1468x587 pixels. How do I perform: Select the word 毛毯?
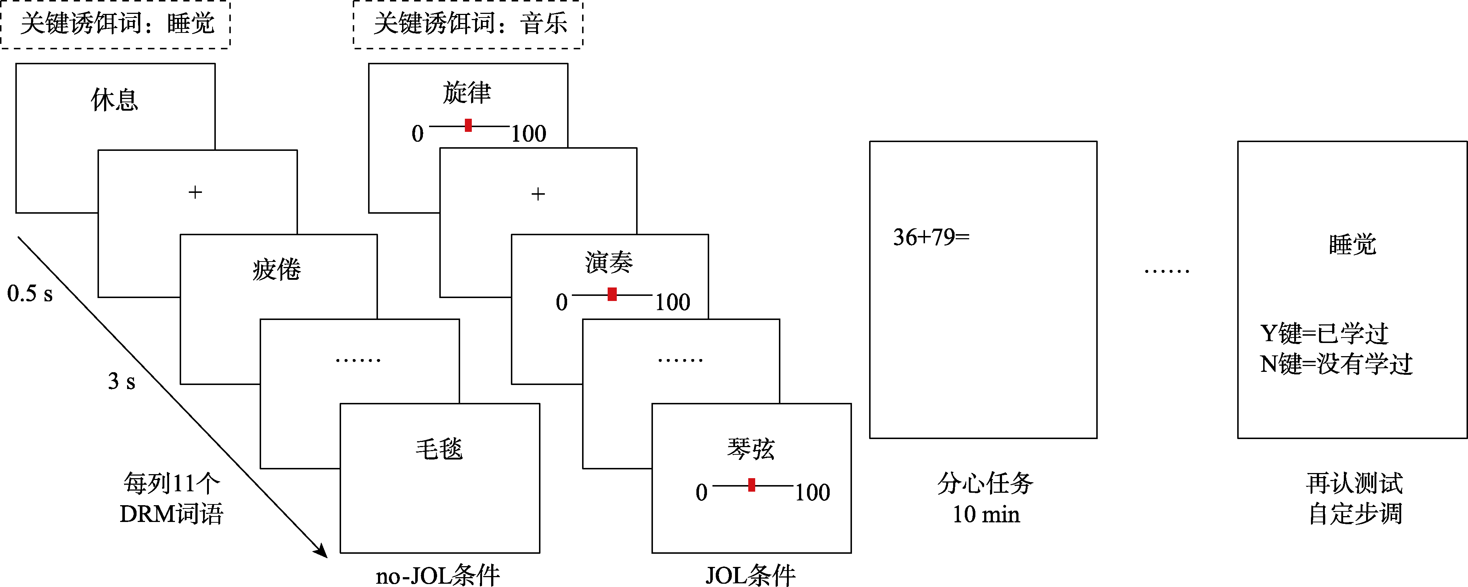coord(439,449)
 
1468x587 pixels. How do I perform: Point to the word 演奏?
coord(609,263)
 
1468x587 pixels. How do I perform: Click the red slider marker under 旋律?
coord(469,125)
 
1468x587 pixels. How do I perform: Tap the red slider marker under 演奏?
coord(612,294)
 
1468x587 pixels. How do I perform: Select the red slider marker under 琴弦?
coord(752,485)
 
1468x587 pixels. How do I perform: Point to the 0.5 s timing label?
coord(30,294)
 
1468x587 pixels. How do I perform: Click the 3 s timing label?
coord(121,381)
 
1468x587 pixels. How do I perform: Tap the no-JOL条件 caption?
coord(438,576)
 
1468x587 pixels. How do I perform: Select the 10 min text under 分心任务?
coord(986,515)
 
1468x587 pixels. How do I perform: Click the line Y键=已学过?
coord(1324,334)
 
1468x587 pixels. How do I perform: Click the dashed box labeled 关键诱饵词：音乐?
coord(468,24)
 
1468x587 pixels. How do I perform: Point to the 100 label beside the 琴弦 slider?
coord(813,492)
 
